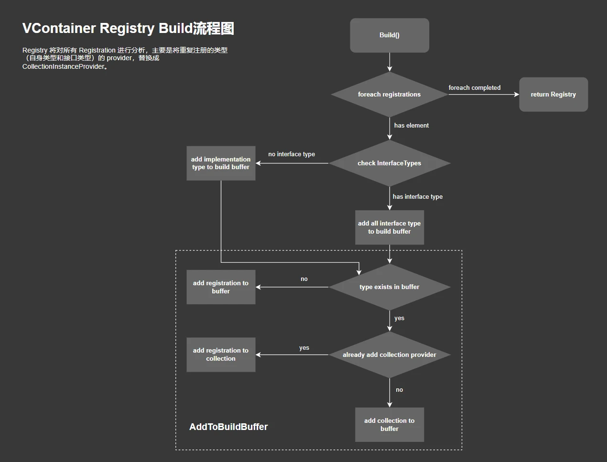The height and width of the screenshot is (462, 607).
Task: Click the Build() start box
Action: tap(389, 35)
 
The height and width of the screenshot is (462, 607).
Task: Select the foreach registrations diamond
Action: tap(389, 95)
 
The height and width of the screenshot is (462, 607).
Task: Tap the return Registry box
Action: tap(553, 95)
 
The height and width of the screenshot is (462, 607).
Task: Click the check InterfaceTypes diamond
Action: tap(389, 163)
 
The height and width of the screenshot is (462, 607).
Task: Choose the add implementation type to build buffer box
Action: tap(221, 163)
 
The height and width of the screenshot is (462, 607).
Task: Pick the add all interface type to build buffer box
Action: tap(389, 227)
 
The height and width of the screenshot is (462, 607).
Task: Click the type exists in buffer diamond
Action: tap(389, 287)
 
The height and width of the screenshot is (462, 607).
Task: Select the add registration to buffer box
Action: tap(221, 287)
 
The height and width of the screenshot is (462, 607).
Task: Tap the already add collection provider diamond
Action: tap(389, 355)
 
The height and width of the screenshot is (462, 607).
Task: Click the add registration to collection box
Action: tap(221, 355)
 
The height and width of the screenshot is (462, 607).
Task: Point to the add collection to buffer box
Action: tap(389, 425)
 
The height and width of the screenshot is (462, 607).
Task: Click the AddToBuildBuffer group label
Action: tap(228, 427)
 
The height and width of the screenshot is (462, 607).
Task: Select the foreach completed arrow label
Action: tap(474, 88)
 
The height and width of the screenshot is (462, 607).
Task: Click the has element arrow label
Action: tap(411, 126)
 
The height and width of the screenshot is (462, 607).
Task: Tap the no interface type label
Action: tap(292, 154)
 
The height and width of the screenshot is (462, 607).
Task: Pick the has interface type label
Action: tap(417, 197)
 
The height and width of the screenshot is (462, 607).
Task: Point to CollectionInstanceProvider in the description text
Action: tap(63, 67)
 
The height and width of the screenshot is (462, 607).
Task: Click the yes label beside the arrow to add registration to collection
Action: tap(304, 348)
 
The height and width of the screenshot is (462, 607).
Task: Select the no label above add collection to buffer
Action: tap(399, 390)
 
